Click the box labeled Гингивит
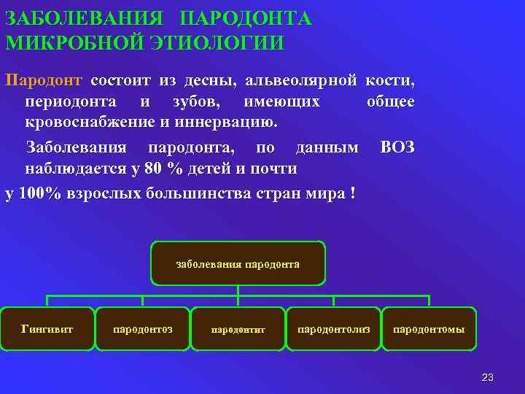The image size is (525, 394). tap(47, 328)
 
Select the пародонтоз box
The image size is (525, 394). tap(143, 328)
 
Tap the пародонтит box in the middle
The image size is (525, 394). tap(238, 329)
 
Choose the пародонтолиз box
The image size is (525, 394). tap(333, 328)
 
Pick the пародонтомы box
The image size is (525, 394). tap(429, 328)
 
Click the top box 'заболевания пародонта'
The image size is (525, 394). tap(238, 263)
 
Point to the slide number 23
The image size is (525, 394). tap(488, 377)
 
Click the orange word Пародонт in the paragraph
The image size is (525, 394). tap(44, 79)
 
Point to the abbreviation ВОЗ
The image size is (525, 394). tap(397, 147)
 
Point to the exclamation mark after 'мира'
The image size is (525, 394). tap(352, 193)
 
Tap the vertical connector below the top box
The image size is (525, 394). tap(238, 290)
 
